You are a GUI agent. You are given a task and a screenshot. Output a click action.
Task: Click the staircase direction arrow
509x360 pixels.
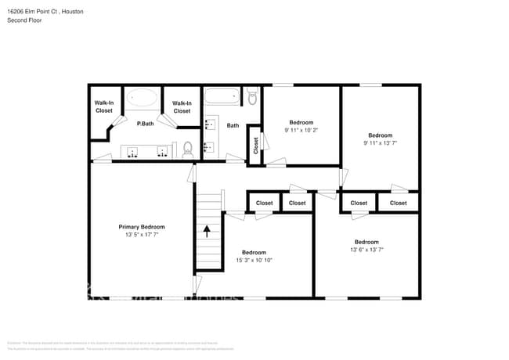[208, 231]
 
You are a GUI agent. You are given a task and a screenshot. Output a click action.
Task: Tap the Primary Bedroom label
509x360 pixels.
[142, 227]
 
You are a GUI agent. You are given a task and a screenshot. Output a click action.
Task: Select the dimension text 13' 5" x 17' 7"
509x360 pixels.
[142, 235]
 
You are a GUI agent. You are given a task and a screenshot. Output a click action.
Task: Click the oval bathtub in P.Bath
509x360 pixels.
[142, 98]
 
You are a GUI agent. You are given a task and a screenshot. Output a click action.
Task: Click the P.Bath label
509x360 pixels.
[145, 124]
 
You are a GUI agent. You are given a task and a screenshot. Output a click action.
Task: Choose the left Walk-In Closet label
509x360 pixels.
[104, 106]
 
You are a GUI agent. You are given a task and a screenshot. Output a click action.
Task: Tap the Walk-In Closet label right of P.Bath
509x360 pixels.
[182, 106]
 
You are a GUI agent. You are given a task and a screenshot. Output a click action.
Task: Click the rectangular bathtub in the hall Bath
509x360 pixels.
[222, 98]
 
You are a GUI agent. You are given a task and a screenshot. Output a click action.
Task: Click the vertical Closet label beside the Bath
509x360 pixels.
[255, 146]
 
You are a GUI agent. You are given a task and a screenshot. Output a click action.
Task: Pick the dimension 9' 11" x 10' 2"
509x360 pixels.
[301, 131]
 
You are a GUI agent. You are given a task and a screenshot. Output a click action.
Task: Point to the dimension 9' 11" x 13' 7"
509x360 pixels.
[380, 143]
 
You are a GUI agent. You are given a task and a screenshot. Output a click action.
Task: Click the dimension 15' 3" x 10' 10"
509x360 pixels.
[254, 261]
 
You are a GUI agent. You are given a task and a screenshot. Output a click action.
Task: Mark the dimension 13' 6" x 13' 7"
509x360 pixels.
[366, 250]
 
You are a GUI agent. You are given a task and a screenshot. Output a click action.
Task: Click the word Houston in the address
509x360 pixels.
[72, 12]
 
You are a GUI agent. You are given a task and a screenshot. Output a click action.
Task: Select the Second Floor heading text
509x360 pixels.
[25, 20]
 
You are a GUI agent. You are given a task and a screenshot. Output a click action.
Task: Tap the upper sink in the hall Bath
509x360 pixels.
[209, 124]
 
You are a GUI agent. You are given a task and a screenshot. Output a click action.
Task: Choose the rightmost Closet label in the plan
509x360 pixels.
[398, 203]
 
